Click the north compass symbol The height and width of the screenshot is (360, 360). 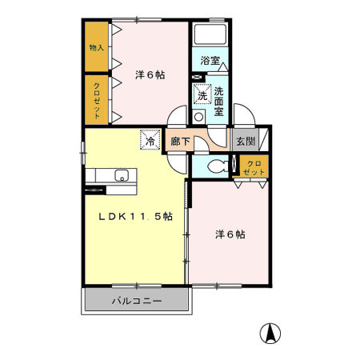273,334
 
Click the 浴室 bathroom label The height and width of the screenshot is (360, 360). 210,61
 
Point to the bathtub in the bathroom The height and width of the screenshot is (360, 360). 210,37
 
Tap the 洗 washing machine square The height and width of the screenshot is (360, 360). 202,94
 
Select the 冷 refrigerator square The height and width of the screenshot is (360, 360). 150,139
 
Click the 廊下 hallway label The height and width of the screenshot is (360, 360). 181,142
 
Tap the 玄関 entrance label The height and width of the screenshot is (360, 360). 244,142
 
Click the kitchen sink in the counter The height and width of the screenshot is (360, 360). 122,176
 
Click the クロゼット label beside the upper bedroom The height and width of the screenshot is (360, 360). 96,100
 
